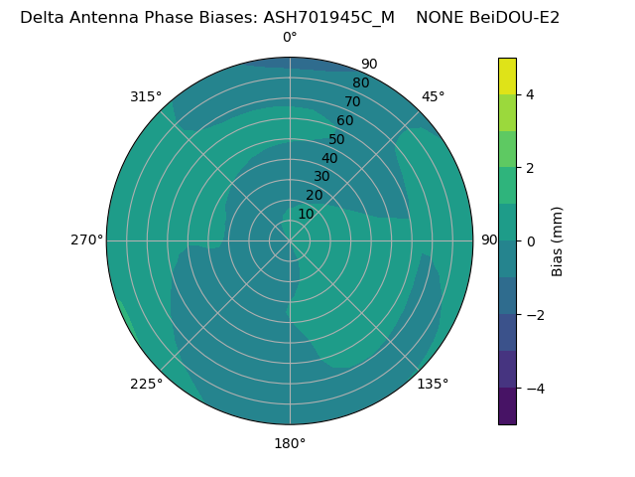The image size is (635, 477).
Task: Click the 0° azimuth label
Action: pos(290,38)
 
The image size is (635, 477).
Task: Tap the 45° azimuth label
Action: pos(433,96)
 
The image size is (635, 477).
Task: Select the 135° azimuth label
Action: pos(433,384)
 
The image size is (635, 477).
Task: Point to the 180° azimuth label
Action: pos(290,443)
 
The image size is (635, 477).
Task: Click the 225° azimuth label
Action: pos(146,384)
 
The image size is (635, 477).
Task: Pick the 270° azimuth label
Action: pos(86,239)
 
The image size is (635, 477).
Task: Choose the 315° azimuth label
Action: pos(146,96)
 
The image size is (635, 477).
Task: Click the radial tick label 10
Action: pos(306,214)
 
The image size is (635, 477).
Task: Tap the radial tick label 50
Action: pos(336,139)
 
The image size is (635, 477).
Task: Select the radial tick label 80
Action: pos(360,82)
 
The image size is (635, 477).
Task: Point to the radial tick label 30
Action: pos(321,177)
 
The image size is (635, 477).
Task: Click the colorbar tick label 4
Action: pos(530,94)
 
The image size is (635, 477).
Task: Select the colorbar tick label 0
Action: pos(530,241)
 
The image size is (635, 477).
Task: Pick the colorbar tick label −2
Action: pos(534,315)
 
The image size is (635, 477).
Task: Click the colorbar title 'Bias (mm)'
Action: pos(558,241)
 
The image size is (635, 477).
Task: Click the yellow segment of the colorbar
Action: pos(507,76)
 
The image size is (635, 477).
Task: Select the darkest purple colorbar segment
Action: pos(507,406)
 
